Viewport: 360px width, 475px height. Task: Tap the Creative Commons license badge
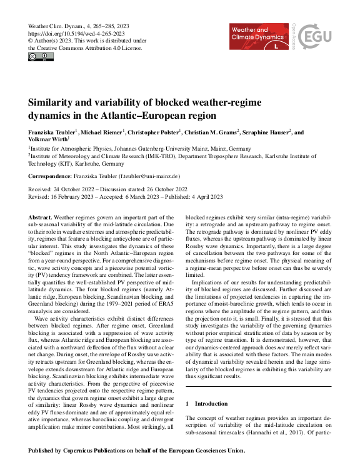(41, 57)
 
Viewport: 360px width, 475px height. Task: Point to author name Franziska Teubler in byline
(51, 133)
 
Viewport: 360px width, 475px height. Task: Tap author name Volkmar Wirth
(47, 141)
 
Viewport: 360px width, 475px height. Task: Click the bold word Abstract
(40, 216)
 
